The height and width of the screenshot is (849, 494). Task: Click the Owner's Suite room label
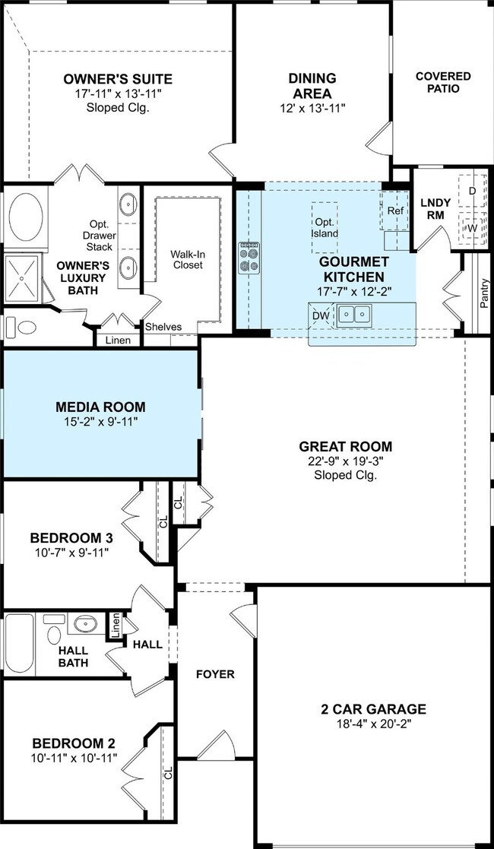click(x=118, y=79)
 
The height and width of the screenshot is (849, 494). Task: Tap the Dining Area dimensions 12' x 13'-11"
click(x=312, y=108)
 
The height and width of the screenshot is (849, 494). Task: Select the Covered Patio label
click(x=443, y=82)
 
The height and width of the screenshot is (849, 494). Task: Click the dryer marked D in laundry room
click(x=472, y=191)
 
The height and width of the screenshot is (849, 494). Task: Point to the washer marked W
click(x=472, y=228)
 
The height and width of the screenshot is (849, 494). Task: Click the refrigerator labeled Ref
click(x=395, y=211)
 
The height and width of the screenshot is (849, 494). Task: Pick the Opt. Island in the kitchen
click(x=325, y=228)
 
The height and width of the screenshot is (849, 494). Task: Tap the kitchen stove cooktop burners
click(x=249, y=258)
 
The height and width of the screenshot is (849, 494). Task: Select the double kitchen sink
click(x=353, y=314)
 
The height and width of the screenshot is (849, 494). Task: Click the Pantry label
click(x=485, y=293)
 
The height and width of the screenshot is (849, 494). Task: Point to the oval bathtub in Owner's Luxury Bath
click(x=25, y=217)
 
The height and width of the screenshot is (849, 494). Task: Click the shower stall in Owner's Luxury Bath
click(x=22, y=278)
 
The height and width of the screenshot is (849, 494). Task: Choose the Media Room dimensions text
click(x=100, y=421)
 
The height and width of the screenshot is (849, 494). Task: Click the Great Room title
click(x=346, y=447)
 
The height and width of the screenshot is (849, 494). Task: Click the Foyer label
click(x=215, y=675)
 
